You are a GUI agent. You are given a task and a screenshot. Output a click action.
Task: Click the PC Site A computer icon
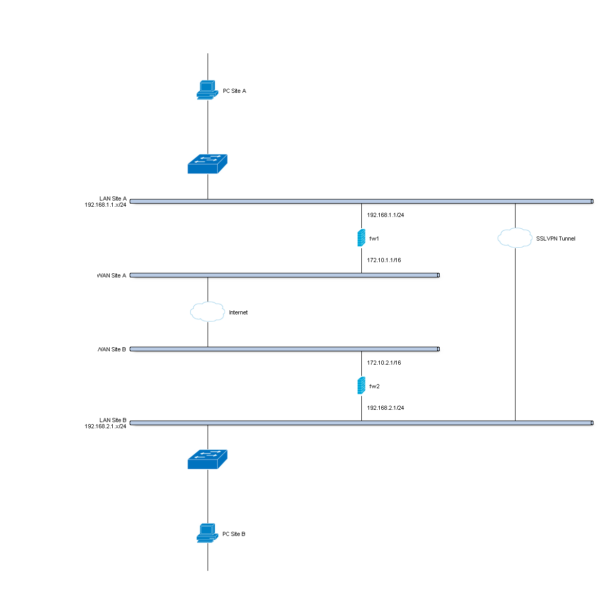207,90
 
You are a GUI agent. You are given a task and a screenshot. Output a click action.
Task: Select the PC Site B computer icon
207,533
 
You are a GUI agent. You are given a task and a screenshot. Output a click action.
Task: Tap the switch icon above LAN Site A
207,164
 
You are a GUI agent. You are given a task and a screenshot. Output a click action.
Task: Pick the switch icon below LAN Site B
207,460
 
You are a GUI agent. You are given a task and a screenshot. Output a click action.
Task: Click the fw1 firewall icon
361,238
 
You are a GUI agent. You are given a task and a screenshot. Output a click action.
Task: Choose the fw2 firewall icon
361,386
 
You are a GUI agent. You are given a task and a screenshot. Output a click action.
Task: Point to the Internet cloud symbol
208,312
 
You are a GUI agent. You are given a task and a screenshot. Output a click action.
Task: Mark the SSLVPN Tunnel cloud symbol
515,238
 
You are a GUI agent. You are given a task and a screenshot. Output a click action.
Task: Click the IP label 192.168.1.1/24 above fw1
385,215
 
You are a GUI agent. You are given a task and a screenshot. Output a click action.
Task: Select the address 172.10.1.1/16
384,261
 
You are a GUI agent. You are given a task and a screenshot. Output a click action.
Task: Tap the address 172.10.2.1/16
384,363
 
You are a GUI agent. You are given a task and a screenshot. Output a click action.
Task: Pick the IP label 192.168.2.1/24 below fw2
385,408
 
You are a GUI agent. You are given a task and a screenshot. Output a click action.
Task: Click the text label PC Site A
234,91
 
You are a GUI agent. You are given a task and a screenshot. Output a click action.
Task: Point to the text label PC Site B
234,534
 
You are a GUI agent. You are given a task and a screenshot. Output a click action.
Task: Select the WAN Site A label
112,276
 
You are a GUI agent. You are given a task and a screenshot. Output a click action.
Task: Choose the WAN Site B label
112,350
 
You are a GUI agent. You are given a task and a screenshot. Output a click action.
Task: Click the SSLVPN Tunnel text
556,239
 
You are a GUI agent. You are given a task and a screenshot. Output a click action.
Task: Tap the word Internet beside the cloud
238,313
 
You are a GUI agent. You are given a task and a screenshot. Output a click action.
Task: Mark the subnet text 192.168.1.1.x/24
106,205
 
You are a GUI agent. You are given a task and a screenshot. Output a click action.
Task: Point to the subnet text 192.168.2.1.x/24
106,426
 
